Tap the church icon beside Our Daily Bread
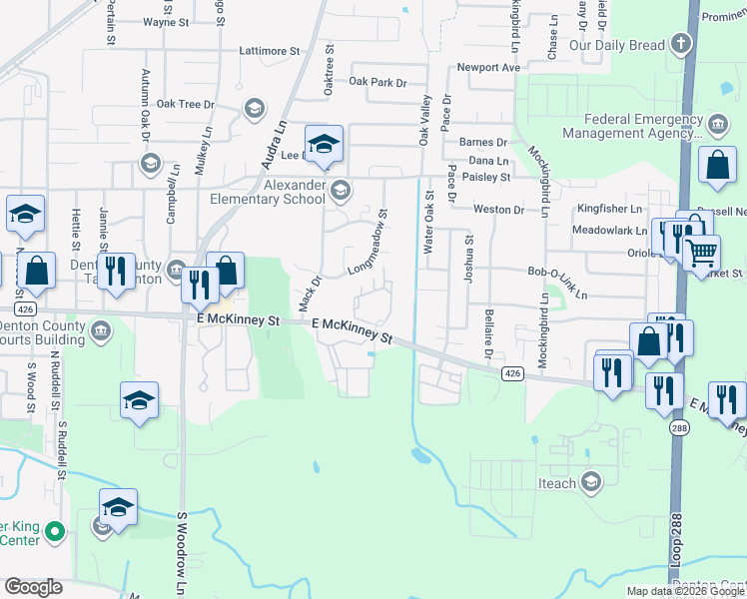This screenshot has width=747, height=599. (680, 44)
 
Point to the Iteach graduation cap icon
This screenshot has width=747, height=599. (590, 483)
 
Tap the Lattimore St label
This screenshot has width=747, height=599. (269, 51)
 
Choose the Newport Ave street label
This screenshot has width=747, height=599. (489, 68)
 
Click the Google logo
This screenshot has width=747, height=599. (33, 587)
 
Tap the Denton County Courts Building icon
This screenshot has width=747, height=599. (100, 330)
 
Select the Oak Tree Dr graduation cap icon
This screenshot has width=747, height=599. (255, 107)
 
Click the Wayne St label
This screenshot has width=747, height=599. (166, 22)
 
